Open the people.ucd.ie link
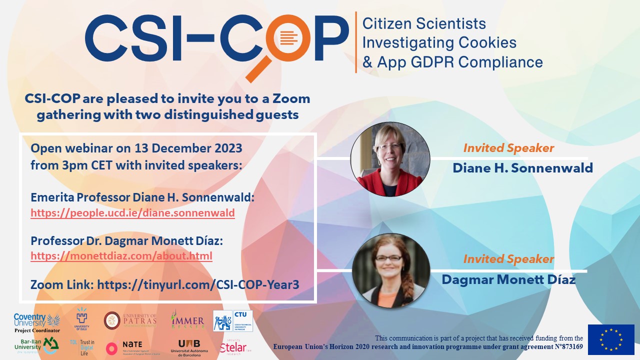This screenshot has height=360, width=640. point(132,213)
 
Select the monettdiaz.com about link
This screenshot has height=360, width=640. point(121,256)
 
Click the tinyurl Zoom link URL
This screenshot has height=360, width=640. point(198,285)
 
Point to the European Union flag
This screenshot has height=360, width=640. point(611,339)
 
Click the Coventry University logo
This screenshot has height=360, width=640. point(36,322)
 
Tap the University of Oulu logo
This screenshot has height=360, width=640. point(82,320)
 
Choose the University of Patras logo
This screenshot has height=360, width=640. point(130,320)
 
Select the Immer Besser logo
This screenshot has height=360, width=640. point(187,320)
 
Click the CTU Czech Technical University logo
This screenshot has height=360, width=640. point(233,320)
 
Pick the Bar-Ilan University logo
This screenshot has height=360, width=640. point(36,345)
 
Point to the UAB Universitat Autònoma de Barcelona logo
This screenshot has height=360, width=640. point(189,346)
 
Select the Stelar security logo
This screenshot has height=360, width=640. point(234,346)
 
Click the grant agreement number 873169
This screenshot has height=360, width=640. point(567,346)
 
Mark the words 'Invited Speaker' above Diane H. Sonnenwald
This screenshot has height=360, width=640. point(508,148)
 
